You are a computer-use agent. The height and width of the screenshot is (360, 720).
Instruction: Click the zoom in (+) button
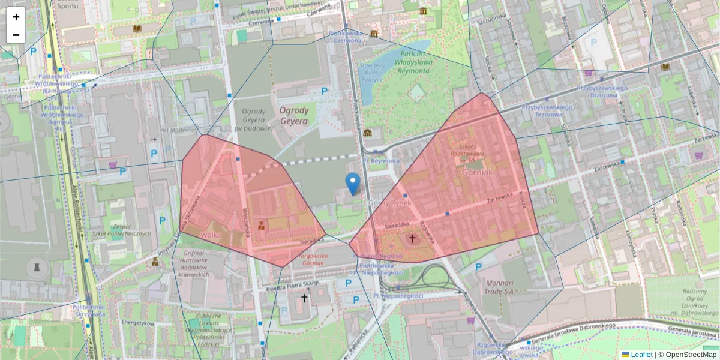coord(16,17)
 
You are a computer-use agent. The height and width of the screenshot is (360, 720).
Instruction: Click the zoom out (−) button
coord(16,35)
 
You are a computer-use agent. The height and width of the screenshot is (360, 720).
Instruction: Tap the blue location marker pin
coord(353,183)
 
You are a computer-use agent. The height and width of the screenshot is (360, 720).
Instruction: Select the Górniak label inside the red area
coord(478,172)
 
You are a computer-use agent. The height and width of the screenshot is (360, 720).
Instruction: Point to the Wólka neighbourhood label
coord(211,235)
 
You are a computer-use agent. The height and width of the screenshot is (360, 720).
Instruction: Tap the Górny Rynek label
coord(389,203)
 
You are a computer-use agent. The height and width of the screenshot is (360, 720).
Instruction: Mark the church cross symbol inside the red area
coord(412,239)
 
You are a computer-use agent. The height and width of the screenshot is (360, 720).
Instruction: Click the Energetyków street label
coord(138,323)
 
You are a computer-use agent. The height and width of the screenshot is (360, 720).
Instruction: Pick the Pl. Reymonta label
coord(381,161)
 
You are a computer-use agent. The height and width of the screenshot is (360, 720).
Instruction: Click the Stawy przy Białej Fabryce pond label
coord(372,71)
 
